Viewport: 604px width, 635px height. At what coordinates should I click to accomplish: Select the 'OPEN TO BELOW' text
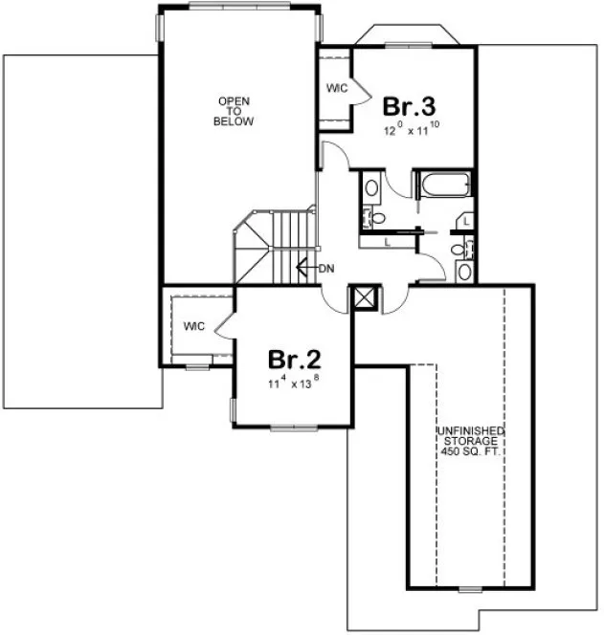pyautogui.click(x=235, y=111)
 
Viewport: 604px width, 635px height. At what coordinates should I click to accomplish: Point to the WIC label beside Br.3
pyautogui.click(x=336, y=88)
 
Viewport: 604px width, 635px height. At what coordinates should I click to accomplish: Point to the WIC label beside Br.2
pyautogui.click(x=195, y=326)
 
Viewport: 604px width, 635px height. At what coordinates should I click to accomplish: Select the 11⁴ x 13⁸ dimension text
pyautogui.click(x=294, y=383)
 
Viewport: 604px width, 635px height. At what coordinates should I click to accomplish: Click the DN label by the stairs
pyautogui.click(x=325, y=269)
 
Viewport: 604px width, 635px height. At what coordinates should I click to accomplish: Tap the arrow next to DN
pyautogui.click(x=304, y=269)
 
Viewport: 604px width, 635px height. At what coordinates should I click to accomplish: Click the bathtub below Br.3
pyautogui.click(x=443, y=185)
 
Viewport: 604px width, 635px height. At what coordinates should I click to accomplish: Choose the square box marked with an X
pyautogui.click(x=365, y=297)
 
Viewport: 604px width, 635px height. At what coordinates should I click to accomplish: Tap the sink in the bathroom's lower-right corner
pyautogui.click(x=464, y=271)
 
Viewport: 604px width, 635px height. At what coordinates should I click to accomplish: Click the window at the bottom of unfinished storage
pyautogui.click(x=469, y=588)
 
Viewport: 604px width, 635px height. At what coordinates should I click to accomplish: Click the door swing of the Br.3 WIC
pyautogui.click(x=356, y=91)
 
